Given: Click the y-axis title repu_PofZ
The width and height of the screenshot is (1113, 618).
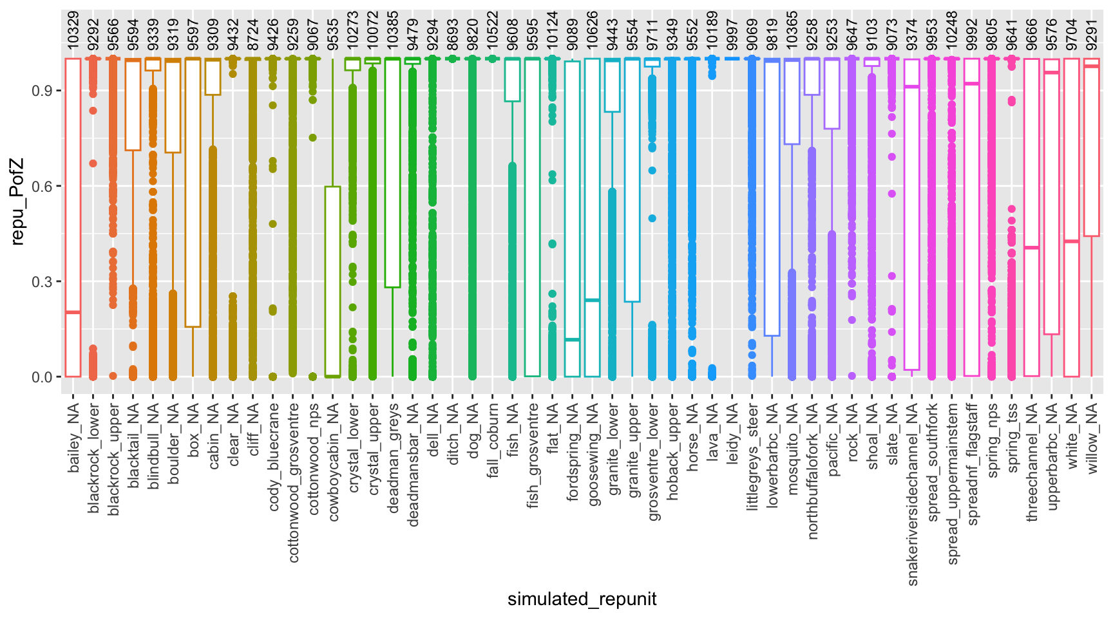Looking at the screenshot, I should coord(17,202).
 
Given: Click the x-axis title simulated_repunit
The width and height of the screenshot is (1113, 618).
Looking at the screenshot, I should coord(582,599).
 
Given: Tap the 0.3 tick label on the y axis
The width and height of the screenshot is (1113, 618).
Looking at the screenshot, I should coord(43,281).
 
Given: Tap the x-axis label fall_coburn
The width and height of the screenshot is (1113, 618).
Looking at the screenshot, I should coord(493,440).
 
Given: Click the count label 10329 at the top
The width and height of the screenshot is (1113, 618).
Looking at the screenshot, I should coord(73,30).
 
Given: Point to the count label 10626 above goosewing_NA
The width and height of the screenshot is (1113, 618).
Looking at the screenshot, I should coord(593,30).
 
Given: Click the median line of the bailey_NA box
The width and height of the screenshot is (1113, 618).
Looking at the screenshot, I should coord(73,312).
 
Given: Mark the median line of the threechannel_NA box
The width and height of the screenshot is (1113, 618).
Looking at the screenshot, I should coord(1032,248).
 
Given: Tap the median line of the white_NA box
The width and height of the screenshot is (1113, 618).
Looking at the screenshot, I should coord(1072,241).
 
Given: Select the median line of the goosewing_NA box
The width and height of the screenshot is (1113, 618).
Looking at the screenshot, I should coord(593,300).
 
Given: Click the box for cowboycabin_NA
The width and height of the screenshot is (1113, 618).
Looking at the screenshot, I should coord(333,283).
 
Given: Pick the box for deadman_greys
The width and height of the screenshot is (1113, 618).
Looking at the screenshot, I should coord(393,174).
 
